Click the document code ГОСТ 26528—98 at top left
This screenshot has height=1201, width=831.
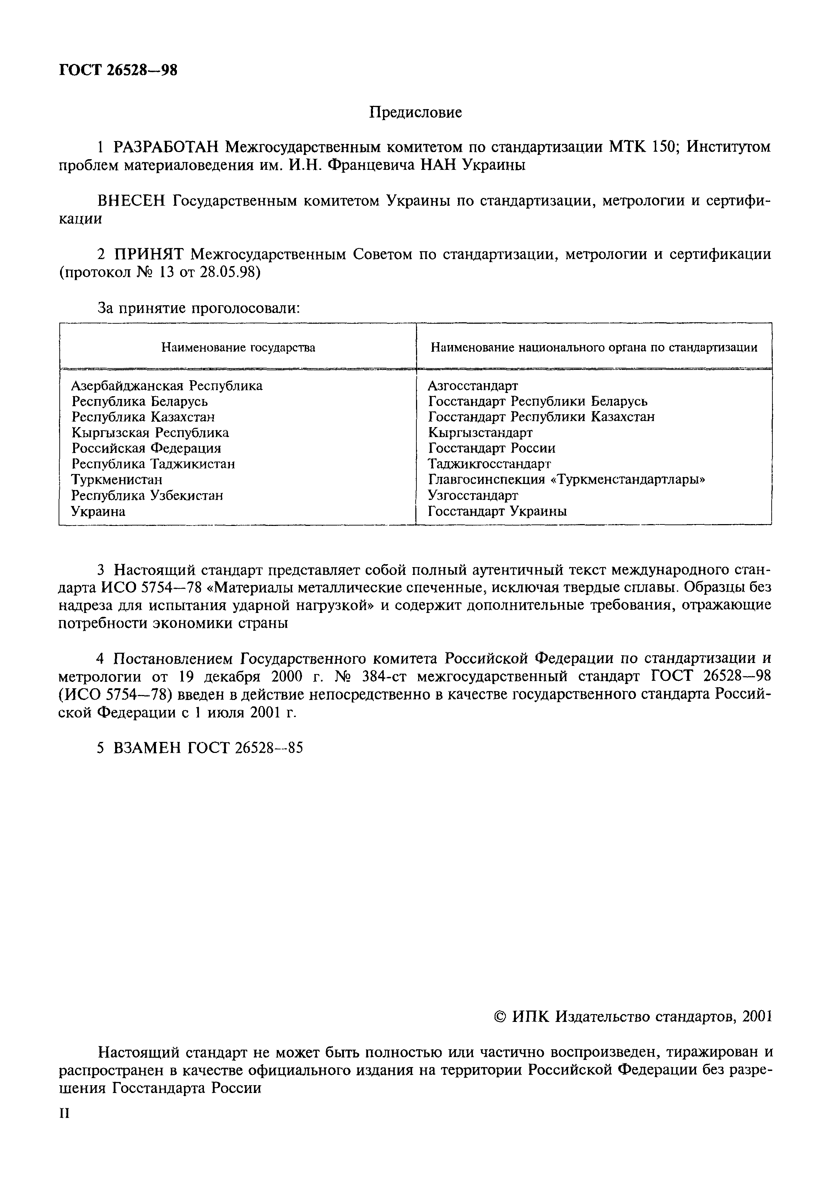(x=118, y=70)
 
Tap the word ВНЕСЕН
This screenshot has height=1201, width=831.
(x=131, y=201)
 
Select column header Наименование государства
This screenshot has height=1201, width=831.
(x=238, y=347)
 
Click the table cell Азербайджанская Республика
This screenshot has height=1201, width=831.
(x=167, y=386)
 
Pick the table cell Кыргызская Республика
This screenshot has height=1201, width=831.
(x=150, y=433)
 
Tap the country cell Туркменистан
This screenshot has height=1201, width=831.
(x=117, y=479)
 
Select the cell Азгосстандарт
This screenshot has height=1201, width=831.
(x=473, y=386)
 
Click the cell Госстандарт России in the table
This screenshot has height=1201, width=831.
(x=491, y=448)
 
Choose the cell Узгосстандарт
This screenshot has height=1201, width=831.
(x=473, y=495)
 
